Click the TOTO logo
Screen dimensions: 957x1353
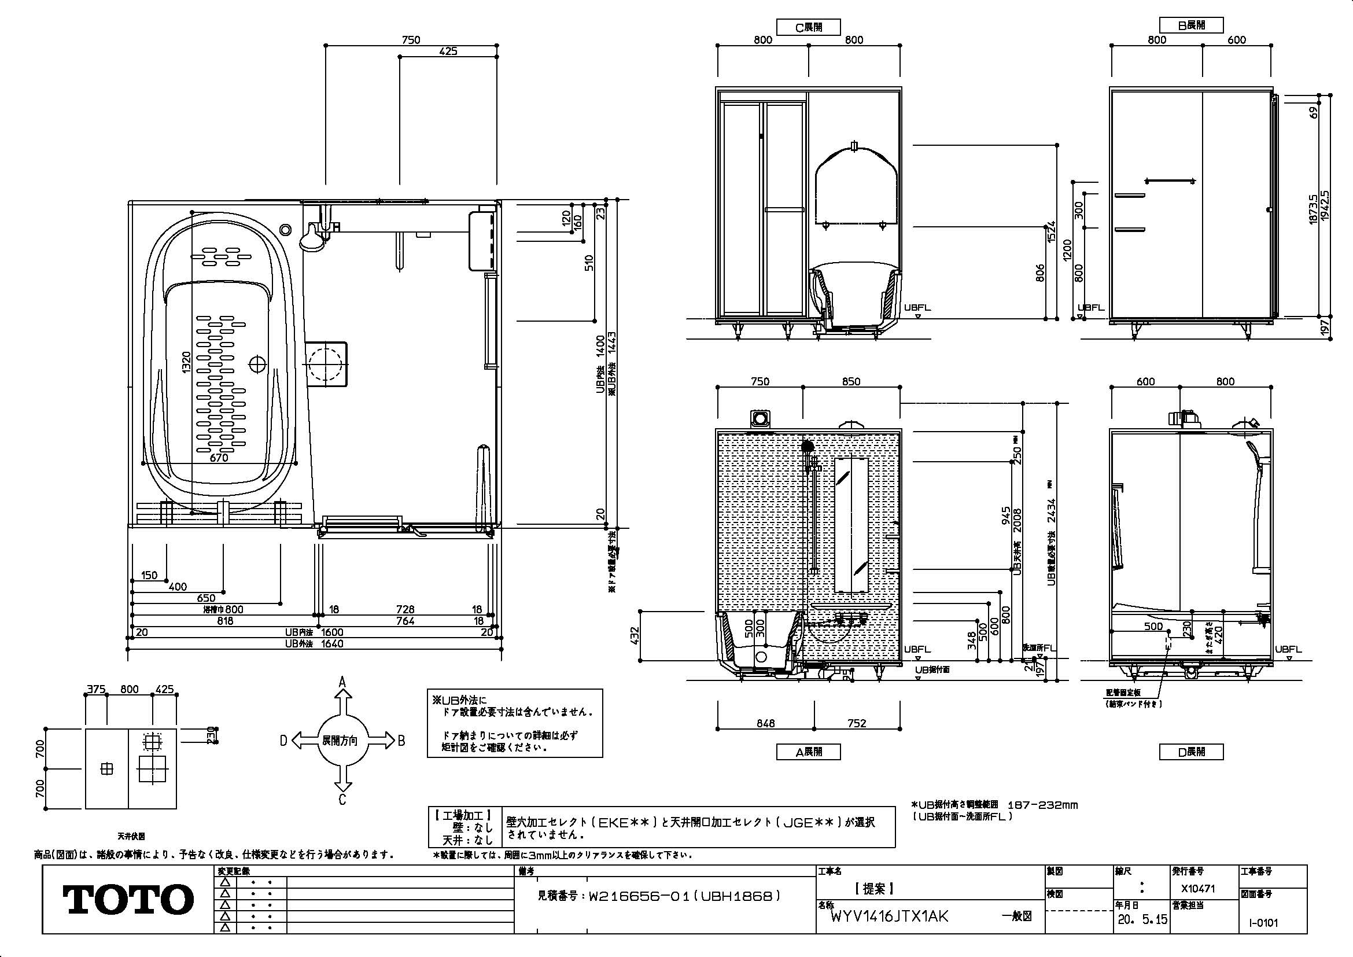pos(128,899)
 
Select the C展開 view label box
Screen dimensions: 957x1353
pos(809,27)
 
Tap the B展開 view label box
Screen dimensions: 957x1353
pos(1191,25)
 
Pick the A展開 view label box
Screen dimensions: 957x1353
pos(809,752)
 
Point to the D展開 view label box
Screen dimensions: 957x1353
pos(1191,752)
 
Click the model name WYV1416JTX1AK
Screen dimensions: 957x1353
pos(889,917)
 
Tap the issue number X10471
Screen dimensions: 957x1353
pos(1198,889)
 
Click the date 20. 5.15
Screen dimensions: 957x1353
pos(1141,920)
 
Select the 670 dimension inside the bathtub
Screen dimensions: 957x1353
pos(218,457)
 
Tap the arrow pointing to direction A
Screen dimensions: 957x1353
pos(342,696)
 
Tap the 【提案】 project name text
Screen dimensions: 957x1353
pos(875,889)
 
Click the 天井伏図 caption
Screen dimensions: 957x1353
pos(131,835)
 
